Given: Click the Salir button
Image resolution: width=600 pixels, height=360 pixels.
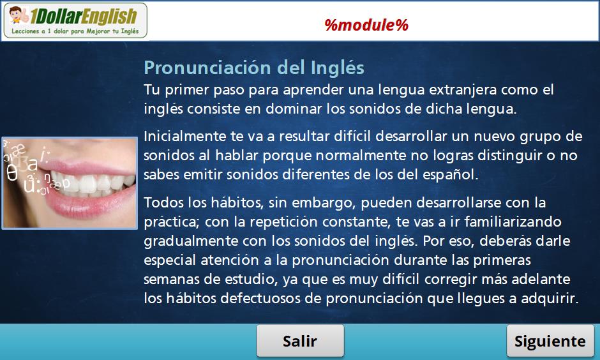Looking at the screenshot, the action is click(x=300, y=341).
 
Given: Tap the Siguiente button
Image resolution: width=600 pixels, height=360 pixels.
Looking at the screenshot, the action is click(x=550, y=341).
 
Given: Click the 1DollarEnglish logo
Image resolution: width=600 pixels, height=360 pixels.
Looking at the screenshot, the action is click(x=75, y=20).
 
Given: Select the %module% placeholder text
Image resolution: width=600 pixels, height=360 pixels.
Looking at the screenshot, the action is click(x=366, y=26).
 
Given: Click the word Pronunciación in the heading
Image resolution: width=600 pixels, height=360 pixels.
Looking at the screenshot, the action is click(x=207, y=68).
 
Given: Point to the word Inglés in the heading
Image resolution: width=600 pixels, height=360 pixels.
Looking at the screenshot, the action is click(x=337, y=68).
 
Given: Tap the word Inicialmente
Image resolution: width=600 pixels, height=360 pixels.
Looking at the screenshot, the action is click(x=184, y=136).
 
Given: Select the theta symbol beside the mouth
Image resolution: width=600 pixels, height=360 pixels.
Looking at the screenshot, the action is click(x=12, y=173).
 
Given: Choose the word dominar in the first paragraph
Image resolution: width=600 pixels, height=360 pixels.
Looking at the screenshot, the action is click(x=294, y=109).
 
